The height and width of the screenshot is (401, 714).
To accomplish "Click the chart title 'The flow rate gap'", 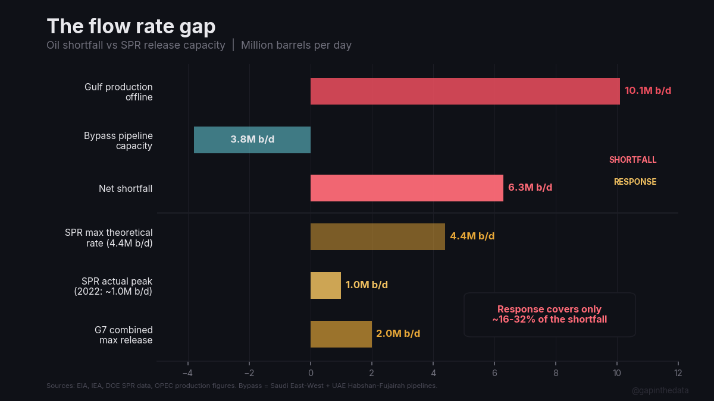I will (x=131, y=27).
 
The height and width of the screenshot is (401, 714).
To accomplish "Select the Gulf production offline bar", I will (x=465, y=91).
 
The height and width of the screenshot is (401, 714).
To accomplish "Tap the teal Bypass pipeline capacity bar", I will (x=252, y=140).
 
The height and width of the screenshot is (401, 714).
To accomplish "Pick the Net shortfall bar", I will (x=406, y=188).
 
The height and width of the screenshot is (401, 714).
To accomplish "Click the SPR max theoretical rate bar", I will (x=377, y=236).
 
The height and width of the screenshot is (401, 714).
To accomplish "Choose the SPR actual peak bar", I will (x=325, y=285).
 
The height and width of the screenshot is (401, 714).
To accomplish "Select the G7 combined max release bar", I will (x=341, y=334).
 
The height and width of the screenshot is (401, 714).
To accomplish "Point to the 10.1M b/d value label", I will (x=647, y=91).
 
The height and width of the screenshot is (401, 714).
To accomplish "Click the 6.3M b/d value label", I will (x=530, y=188).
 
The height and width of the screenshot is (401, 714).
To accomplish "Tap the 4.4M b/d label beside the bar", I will (x=472, y=236).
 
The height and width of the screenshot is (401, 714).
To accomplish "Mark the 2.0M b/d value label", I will (x=398, y=334).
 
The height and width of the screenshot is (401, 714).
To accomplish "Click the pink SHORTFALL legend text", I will (x=632, y=160).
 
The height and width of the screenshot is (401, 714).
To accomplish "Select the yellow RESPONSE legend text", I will (x=635, y=182).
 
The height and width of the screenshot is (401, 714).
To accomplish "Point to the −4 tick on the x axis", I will (x=187, y=373).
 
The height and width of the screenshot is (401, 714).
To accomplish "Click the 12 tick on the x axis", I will (x=678, y=373).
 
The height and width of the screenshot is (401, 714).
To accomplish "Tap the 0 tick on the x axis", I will (x=311, y=373).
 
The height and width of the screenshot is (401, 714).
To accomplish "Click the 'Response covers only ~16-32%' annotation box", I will (x=549, y=314).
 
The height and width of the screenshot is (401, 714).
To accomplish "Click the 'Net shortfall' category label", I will (x=126, y=189).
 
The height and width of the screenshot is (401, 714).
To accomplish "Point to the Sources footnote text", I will (x=242, y=386).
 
